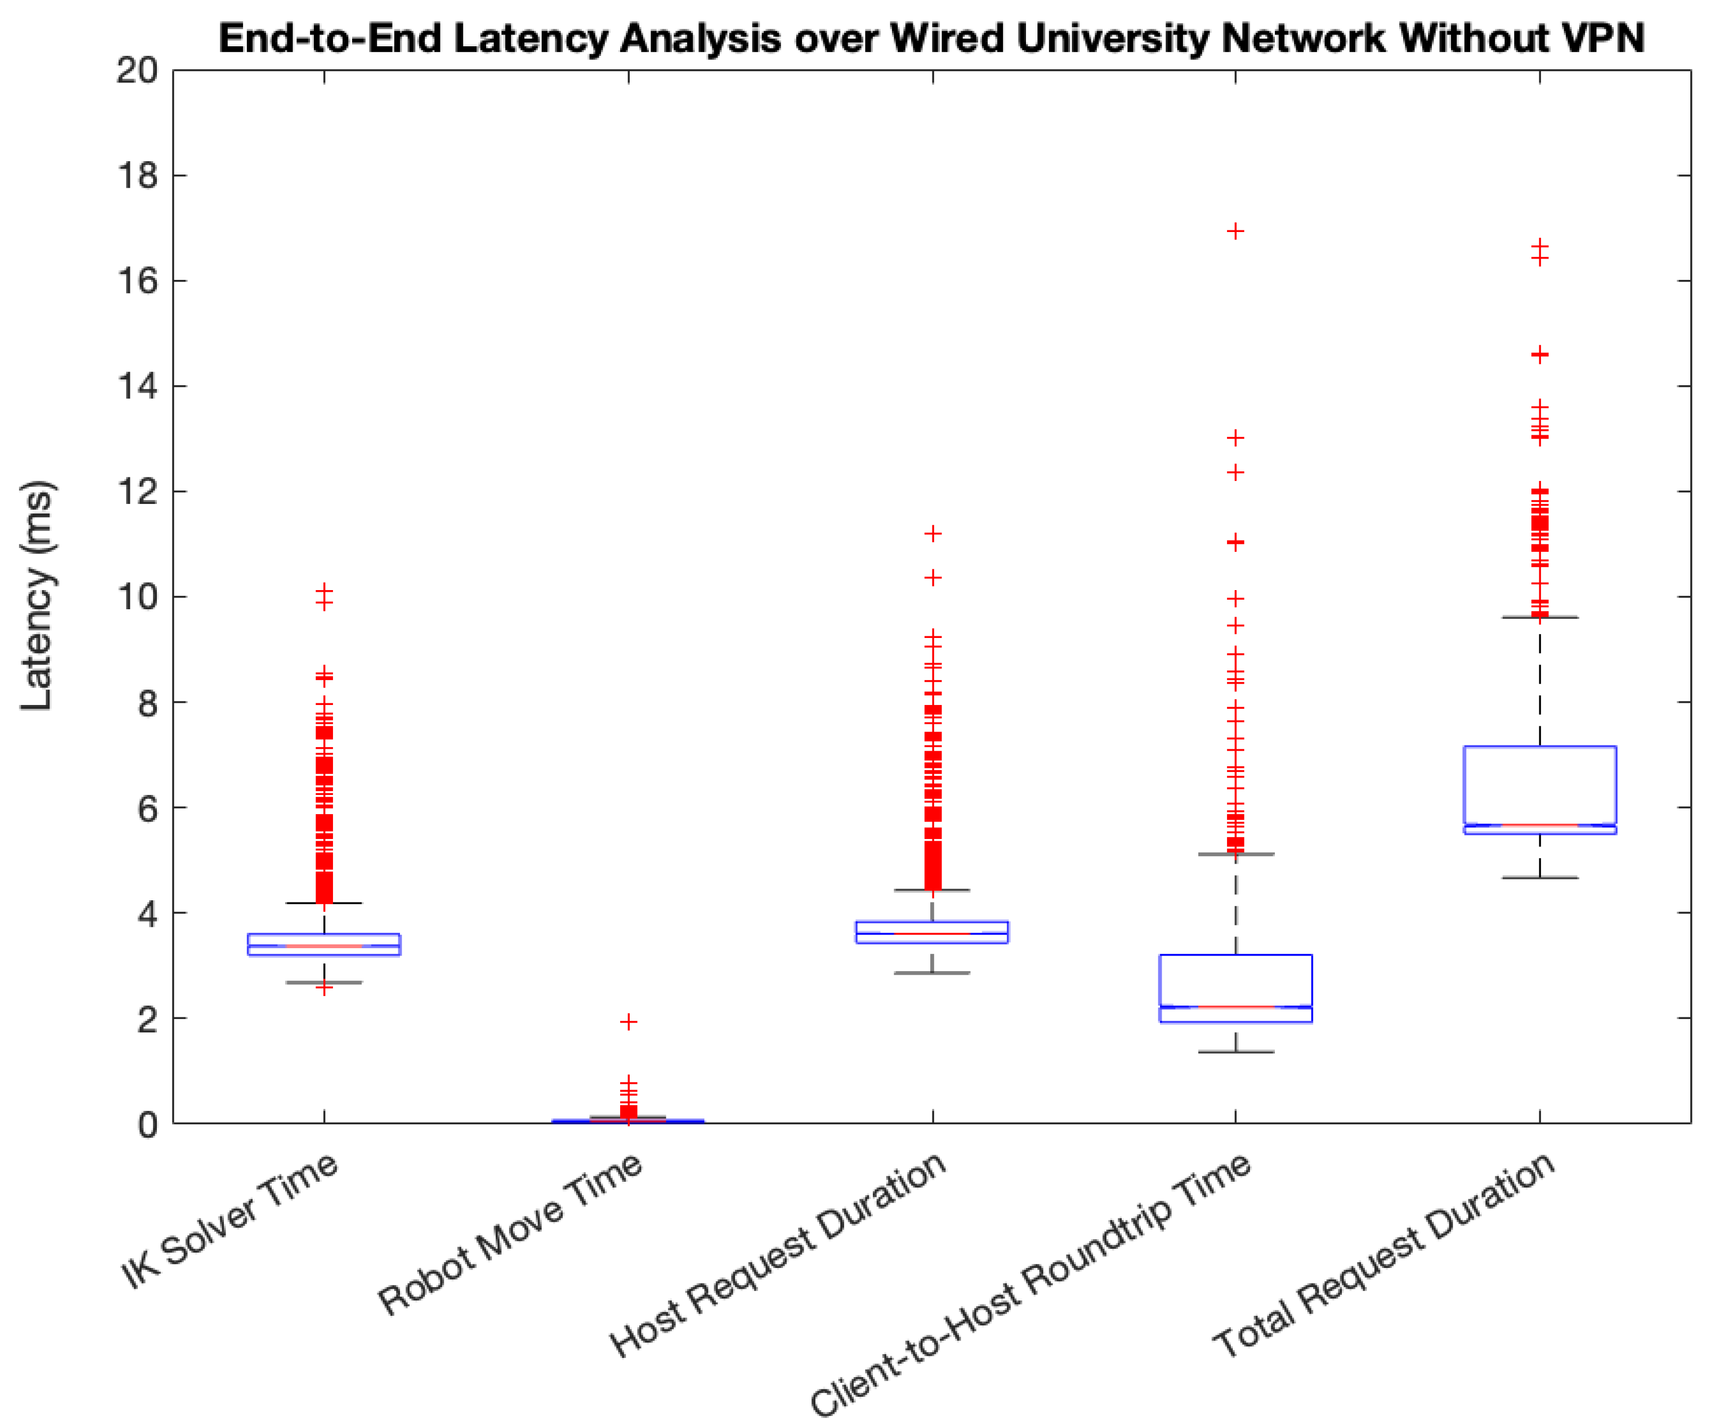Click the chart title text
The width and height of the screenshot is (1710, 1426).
point(931,38)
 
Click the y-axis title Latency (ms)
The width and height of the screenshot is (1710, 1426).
point(37,595)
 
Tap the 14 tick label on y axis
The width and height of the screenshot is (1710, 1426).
point(137,386)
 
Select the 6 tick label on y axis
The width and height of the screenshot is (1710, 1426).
point(147,808)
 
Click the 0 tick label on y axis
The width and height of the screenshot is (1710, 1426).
point(147,1125)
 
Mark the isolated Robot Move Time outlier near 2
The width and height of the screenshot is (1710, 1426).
point(628,1021)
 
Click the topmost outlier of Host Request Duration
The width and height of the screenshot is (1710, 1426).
point(932,534)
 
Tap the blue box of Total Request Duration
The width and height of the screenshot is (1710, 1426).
point(1539,786)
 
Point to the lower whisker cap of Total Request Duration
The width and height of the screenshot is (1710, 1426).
point(1539,878)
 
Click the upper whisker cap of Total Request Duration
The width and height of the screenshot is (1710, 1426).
point(1539,617)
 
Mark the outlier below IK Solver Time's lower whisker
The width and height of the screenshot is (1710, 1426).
point(324,989)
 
